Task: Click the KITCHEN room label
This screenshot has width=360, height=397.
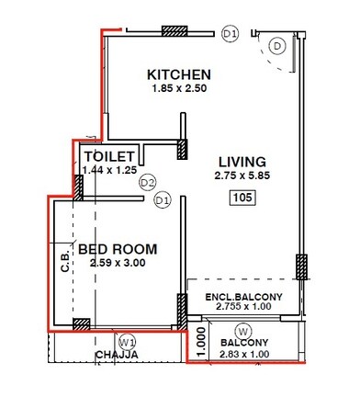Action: click(180, 74)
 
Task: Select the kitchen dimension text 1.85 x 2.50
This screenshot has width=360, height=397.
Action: click(180, 89)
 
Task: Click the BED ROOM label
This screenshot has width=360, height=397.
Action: click(117, 249)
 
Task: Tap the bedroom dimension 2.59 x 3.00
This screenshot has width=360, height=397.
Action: click(117, 264)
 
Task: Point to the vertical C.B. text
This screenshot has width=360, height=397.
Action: click(65, 263)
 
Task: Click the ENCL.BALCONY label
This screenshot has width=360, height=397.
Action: click(242, 298)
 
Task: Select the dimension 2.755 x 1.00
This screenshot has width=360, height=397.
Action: click(242, 309)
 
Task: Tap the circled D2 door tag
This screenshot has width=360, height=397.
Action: click(148, 183)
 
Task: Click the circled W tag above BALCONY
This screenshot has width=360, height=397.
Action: click(243, 331)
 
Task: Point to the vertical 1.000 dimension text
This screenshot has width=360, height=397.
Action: click(199, 340)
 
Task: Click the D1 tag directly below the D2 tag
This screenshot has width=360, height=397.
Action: click(163, 200)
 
